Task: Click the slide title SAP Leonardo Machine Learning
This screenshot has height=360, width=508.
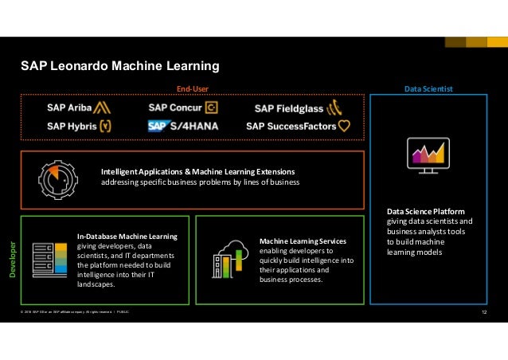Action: [x=119, y=65]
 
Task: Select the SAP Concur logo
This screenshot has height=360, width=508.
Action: [x=182, y=108]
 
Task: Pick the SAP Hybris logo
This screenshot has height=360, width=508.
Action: [x=79, y=125]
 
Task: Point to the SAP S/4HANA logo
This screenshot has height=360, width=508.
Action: [x=182, y=126]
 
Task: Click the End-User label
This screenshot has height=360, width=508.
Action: [x=192, y=88]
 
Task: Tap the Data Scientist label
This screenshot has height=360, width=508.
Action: [x=428, y=88]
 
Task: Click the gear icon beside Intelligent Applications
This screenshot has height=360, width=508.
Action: [x=58, y=176]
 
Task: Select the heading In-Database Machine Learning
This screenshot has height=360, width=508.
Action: [x=127, y=237]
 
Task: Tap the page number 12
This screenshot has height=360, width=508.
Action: [x=484, y=311]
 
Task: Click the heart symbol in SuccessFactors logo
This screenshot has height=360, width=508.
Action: [x=344, y=126]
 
